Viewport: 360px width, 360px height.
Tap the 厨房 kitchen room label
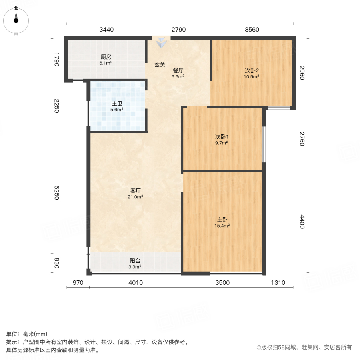coord(106,57)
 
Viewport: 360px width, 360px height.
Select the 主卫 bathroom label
coord(117,103)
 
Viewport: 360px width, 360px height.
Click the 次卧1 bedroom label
coord(222,136)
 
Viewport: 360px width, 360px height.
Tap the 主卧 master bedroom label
coord(222,220)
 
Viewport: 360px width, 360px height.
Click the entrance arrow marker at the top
coord(161,42)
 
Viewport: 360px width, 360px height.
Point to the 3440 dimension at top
coord(107,30)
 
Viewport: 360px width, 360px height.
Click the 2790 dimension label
coord(178,30)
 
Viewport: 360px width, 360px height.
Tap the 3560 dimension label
coord(252,30)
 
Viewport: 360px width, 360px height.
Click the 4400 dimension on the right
coord(302,222)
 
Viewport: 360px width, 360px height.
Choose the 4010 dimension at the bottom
coord(136,283)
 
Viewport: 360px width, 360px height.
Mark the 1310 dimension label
coord(278,283)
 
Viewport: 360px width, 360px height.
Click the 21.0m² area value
coord(136,196)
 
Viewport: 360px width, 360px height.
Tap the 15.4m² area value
coord(222,226)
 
